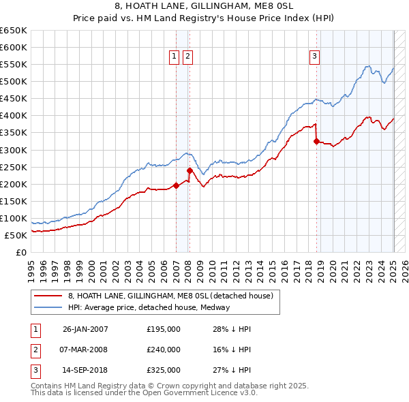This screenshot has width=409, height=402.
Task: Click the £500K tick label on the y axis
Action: pos(14,81)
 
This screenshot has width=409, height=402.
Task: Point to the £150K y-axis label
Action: pos(14,201)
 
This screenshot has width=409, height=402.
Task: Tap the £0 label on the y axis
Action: pos(22,252)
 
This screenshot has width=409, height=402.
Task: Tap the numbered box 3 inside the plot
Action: pos(315,57)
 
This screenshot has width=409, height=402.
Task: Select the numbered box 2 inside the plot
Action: pos(187,57)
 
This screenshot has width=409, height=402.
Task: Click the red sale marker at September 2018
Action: pos(316,142)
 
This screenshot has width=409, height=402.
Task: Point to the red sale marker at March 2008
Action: pos(190,170)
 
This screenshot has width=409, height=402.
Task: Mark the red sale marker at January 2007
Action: pos(176,185)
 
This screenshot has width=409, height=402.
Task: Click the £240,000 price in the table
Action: pos(164,350)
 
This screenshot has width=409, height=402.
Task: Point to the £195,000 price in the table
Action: pos(164,329)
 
